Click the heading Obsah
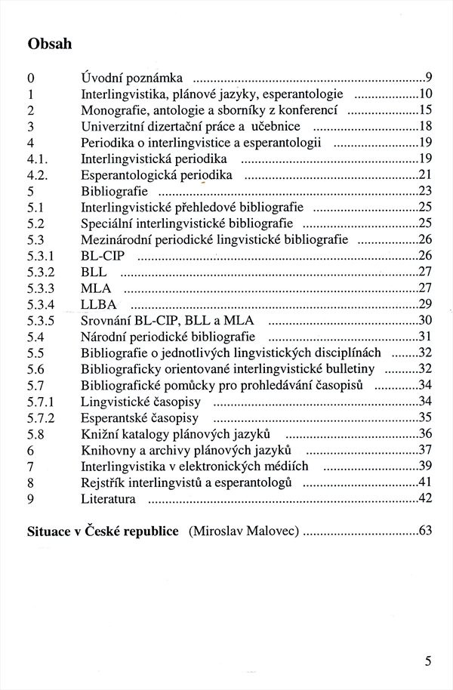point(50,44)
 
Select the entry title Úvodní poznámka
point(131,77)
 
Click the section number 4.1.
point(37,159)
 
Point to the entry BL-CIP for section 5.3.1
point(102,256)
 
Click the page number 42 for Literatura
point(424,498)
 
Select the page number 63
point(424,531)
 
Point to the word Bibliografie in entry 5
point(113,191)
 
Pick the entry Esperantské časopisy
point(140,417)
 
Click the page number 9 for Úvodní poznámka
point(428,77)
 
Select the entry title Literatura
point(108,498)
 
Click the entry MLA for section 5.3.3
point(96,288)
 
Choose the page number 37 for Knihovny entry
point(424,450)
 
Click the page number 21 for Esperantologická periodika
point(424,174)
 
